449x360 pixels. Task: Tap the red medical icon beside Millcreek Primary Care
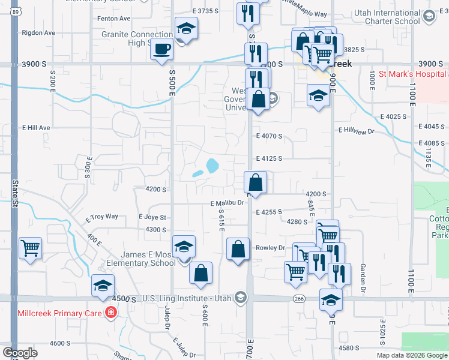tap(110, 312)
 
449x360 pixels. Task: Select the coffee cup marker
tap(161, 50)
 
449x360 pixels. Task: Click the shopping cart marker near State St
tap(31, 248)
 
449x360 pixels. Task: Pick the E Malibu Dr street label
tap(228, 203)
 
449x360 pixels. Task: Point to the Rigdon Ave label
tap(38, 33)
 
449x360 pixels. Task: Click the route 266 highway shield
tap(299, 298)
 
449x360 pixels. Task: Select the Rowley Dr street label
tap(270, 247)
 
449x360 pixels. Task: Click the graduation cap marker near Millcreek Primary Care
tap(103, 286)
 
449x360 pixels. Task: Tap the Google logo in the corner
tap(20, 353)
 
